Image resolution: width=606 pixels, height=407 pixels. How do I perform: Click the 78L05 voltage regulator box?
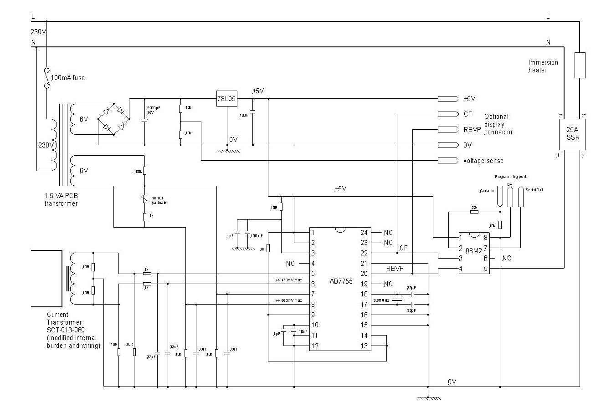point(227,99)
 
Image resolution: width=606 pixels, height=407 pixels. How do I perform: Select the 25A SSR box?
point(572,134)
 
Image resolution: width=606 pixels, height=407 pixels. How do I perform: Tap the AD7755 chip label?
point(341,281)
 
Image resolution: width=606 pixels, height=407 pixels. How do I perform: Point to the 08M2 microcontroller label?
point(474,250)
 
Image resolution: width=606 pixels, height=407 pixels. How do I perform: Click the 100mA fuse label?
point(67,78)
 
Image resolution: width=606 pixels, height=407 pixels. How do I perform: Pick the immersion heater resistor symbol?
point(580,65)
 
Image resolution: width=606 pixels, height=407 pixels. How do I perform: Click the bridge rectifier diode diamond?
point(113,119)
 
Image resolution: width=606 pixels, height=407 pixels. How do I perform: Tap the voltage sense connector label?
point(483,161)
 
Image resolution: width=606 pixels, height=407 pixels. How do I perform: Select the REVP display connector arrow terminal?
point(448,130)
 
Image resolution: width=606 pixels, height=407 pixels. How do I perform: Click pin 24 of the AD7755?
point(364,233)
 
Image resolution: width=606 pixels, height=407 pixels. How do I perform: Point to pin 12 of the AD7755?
point(314,346)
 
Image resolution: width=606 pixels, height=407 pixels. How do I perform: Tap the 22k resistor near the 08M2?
point(474,212)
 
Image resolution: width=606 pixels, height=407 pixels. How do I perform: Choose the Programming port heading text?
point(510,176)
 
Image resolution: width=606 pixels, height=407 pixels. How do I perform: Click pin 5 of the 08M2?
point(486,269)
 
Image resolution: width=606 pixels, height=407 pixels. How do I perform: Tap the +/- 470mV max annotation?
point(288,280)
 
